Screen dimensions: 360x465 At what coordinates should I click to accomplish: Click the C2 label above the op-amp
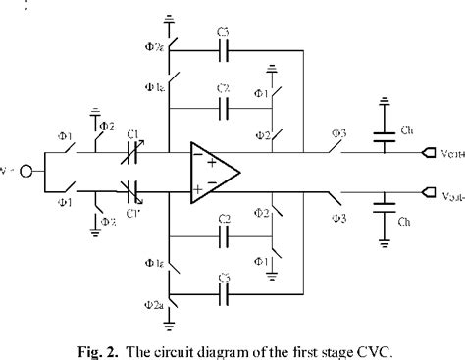pyautogui.click(x=224, y=86)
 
